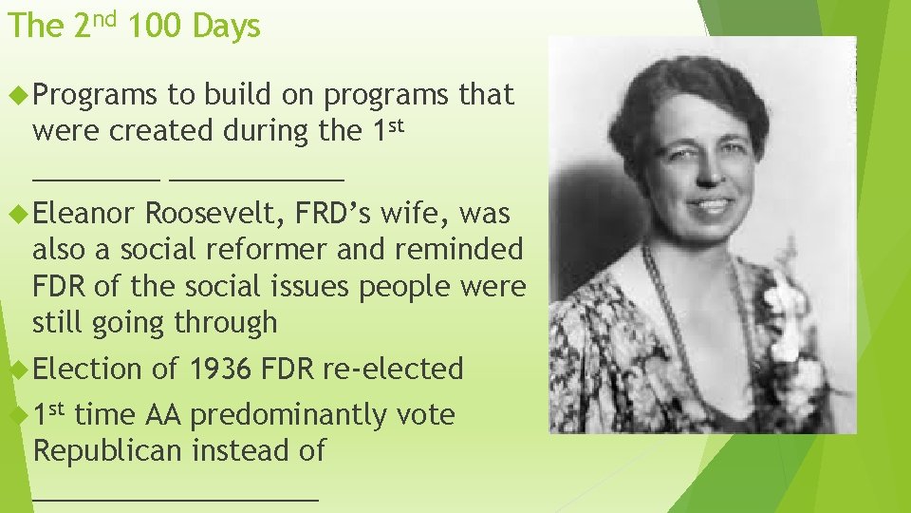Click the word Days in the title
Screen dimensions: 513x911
pos(226,27)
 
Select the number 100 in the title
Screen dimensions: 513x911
pos(154,27)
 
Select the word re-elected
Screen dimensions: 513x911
pos(393,369)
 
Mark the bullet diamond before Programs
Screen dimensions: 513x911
pos(15,95)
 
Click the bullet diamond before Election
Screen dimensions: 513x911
pos(15,369)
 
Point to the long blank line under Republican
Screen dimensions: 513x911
pos(176,496)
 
